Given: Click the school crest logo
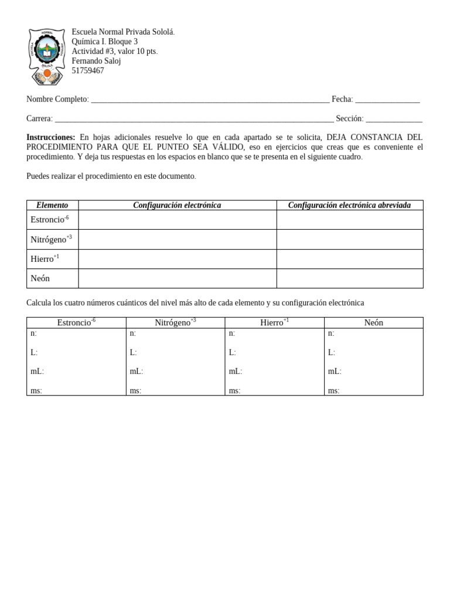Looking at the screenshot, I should click(47, 56).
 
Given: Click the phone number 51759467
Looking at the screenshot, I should click(88, 71).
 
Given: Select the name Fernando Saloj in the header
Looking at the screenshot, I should click(96, 61).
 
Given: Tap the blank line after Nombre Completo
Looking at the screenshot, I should click(210, 100).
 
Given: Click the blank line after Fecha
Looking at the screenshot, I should click(387, 100).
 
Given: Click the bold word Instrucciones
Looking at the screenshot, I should click(51, 137).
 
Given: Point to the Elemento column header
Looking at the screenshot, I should click(52, 205).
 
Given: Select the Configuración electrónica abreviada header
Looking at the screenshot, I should click(349, 205).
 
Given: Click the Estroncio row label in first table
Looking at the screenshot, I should click(49, 220).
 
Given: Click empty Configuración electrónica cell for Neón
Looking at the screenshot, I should click(178, 278).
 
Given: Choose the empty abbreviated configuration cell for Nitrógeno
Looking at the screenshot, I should click(349, 239).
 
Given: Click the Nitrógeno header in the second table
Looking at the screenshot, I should click(175, 322).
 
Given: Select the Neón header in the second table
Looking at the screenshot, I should click(373, 323).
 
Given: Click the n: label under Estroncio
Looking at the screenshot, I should click(34, 333).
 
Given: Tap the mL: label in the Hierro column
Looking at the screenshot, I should click(236, 371).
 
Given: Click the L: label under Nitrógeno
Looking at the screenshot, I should click(133, 353).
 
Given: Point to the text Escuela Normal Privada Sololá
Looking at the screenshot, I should click(123, 32).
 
